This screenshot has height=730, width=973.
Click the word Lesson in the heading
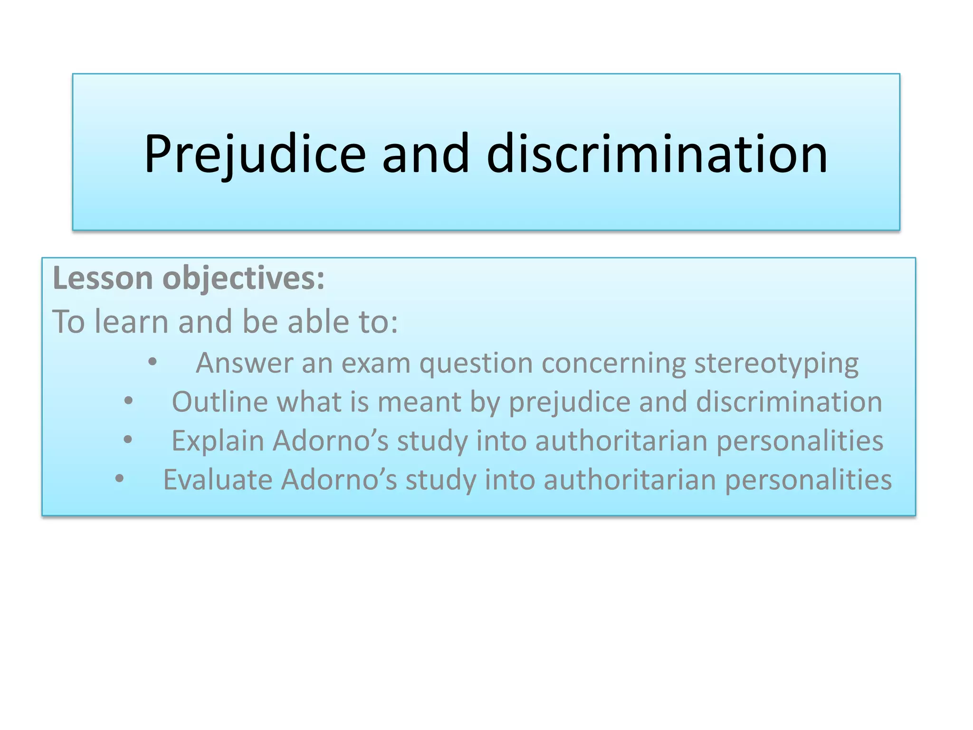[x=103, y=278]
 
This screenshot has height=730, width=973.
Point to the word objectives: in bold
[x=243, y=279]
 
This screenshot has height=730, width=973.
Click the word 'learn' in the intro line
[x=131, y=322]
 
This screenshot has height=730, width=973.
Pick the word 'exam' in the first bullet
[x=376, y=364]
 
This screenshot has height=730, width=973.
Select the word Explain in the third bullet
[x=218, y=442]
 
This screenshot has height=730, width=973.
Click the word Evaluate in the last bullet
[x=218, y=480]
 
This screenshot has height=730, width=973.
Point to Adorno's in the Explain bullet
[x=331, y=441]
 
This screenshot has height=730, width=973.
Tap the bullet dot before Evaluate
[x=119, y=479]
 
